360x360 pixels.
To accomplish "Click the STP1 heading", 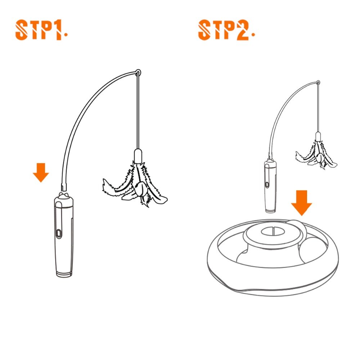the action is pyautogui.click(x=39, y=30).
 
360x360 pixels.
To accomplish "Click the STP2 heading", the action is pyautogui.click(x=224, y=30).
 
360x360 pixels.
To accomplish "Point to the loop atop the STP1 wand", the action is pyautogui.click(x=138, y=72).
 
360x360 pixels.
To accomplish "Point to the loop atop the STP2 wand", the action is pyautogui.click(x=318, y=82).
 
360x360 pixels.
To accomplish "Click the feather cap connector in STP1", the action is pyautogui.click(x=138, y=156).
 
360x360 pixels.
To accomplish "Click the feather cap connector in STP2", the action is pyautogui.click(x=318, y=136).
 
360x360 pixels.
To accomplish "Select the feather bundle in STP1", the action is pyautogui.click(x=135, y=184).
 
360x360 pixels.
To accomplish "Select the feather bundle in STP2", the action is pyautogui.click(x=316, y=155).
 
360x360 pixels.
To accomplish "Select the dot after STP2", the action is pyautogui.click(x=253, y=35).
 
